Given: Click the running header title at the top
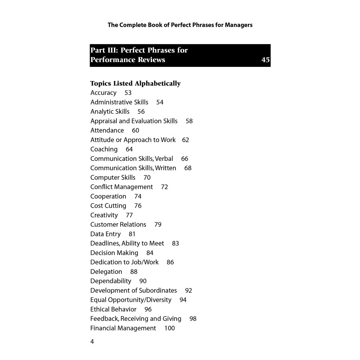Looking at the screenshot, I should click(x=180, y=25).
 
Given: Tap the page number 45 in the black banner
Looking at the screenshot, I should click(x=266, y=60).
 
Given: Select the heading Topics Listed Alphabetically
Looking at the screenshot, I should click(x=135, y=83).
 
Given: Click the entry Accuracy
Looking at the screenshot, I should click(x=103, y=93).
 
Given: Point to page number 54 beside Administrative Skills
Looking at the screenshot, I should click(x=160, y=102).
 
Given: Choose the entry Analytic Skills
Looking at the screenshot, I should click(x=110, y=111).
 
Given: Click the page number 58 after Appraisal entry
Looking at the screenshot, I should click(x=189, y=121).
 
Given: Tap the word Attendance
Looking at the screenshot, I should click(x=107, y=130).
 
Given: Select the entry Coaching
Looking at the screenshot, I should click(x=104, y=149).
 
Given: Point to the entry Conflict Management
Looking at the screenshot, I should click(x=122, y=187).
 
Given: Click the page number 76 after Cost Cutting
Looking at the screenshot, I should click(x=138, y=206).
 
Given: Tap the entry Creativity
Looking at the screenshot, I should click(x=104, y=215).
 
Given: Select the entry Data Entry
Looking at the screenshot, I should click(x=105, y=234).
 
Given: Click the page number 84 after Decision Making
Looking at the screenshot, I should click(x=150, y=253).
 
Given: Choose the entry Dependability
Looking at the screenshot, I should click(x=111, y=281).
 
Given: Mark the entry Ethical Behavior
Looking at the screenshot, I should click(x=114, y=309).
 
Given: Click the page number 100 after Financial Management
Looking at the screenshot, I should click(x=170, y=328).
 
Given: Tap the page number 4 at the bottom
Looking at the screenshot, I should click(x=92, y=342).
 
